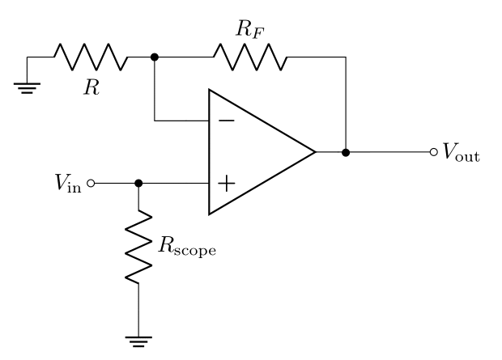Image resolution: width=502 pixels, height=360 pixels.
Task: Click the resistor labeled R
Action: coord(91,58)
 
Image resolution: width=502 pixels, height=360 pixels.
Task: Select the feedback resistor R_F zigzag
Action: coord(249,58)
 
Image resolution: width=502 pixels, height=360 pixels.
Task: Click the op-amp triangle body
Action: coord(251,152)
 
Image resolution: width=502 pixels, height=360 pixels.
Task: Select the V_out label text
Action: coord(461,154)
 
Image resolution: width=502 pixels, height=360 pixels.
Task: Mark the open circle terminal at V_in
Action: coord(91,184)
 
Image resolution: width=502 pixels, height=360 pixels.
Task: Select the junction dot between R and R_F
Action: coord(155,58)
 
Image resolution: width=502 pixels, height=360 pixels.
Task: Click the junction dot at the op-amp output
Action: coord(346,152)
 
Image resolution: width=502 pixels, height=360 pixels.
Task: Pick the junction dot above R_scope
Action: coord(138,184)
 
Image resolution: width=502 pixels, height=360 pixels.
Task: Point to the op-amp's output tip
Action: coord(315,152)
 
